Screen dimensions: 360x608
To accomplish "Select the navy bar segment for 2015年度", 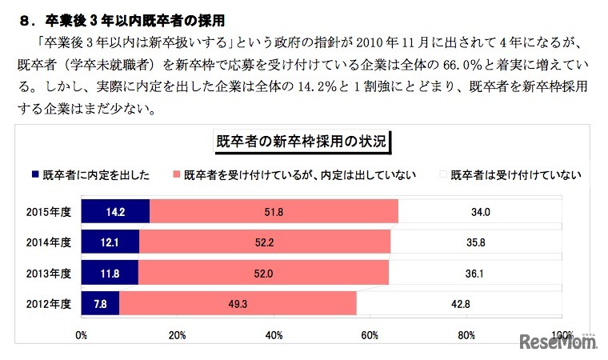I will point(114,212).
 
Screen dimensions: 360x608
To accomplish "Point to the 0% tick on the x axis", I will point(81,334).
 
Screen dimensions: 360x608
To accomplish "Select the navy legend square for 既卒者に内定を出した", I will point(35,174).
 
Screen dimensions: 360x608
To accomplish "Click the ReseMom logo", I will point(557,342).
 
